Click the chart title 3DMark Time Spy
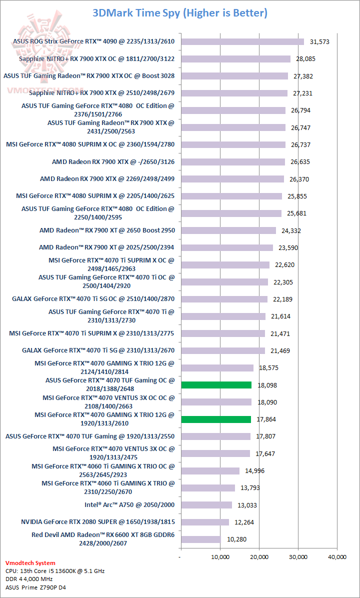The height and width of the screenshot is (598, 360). click(179, 13)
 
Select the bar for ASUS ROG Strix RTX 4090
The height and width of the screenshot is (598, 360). click(242, 42)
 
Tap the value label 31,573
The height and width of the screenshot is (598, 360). click(319, 42)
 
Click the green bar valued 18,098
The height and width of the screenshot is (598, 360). click(216, 385)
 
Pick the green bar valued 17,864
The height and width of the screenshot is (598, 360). click(215, 419)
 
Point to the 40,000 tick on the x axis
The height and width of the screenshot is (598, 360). click(337, 556)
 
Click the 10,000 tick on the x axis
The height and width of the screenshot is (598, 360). click(220, 556)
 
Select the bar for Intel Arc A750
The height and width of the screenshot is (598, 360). click(206, 505)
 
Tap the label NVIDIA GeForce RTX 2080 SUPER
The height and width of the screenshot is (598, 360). click(98, 522)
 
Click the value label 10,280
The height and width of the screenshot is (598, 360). click(236, 539)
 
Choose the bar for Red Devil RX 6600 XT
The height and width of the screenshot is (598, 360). click(200, 539)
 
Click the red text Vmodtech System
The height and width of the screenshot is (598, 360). click(30, 563)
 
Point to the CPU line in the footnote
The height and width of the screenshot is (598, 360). click(55, 571)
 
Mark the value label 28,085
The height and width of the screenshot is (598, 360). click(306, 59)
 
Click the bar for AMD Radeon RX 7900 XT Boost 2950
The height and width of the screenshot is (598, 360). click(228, 230)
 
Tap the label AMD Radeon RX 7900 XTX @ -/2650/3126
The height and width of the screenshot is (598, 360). click(113, 162)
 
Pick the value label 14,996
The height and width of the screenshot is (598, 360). click(255, 471)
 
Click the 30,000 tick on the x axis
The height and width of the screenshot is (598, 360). click(298, 556)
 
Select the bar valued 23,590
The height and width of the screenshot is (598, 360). click(226, 247)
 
